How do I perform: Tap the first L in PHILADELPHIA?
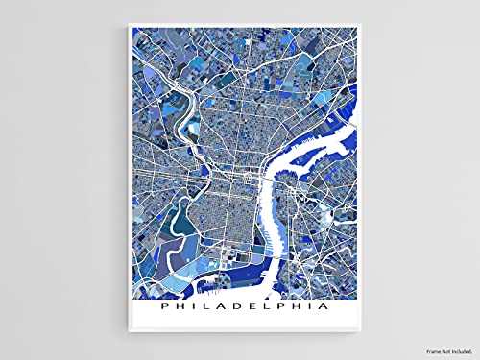pos(197,308)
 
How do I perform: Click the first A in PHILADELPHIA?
pos(214,308)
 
